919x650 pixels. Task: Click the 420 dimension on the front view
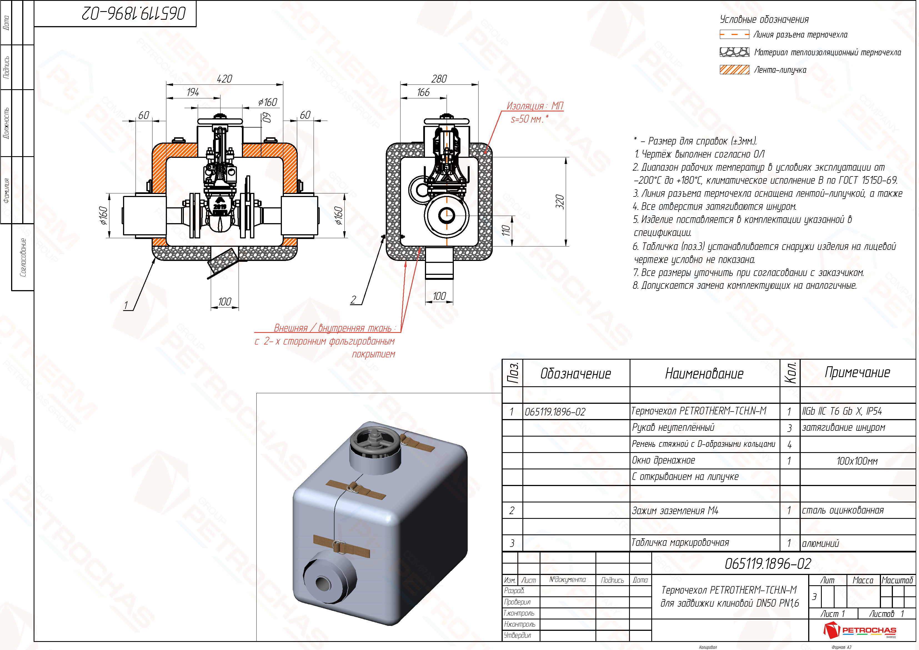coord(225,79)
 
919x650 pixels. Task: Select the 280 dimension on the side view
coord(439,79)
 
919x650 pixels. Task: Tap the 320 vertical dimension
coord(560,201)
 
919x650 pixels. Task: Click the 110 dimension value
coord(506,230)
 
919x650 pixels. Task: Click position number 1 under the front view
coord(126,306)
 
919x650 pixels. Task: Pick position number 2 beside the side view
coord(353,300)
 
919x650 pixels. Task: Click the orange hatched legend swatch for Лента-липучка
coord(734,70)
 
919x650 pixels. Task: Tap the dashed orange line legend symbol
coord(734,35)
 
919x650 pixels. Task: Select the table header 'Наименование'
coord(704,374)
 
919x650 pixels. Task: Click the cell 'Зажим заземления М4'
coord(675,510)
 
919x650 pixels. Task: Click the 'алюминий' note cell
coord(820,544)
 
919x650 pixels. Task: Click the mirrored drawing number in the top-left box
coord(134,14)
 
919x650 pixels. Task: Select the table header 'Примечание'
coord(857,372)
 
